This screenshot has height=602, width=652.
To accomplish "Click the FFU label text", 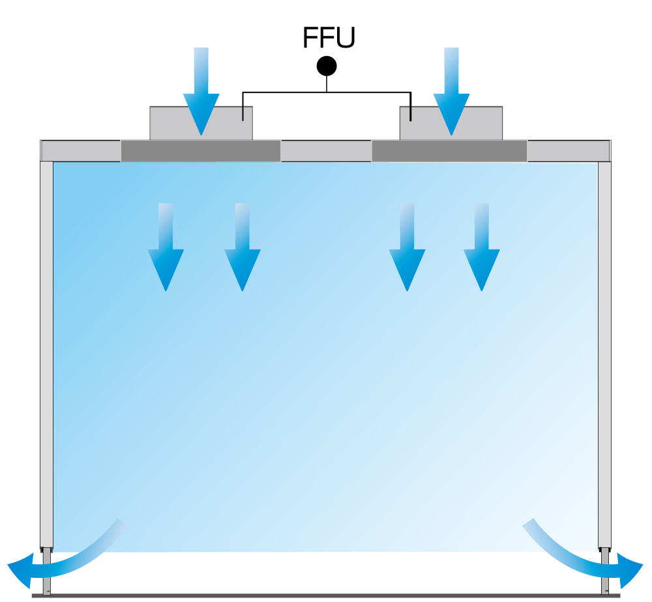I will coord(329,38).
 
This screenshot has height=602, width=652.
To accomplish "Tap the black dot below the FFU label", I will coord(326,66).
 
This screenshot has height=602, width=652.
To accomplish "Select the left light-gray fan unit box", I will coord(163,122).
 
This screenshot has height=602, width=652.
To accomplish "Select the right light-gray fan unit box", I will coord(482,122).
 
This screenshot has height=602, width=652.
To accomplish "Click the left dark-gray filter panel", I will coord(201,150).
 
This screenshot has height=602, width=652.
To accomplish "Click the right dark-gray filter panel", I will coord(449,150).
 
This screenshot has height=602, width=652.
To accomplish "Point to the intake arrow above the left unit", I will coord(201,91).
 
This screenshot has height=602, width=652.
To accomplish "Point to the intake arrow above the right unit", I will coord(451,91).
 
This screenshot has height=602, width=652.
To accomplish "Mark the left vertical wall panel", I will coord(46,352).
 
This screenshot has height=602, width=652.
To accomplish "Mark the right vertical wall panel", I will coord(604,352).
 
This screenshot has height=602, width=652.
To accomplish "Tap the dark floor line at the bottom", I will coord(326,595).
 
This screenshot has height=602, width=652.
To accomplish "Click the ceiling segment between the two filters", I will coord(326,150).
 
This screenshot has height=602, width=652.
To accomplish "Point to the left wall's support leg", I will coord(46,573).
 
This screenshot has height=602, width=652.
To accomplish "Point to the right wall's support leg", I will coord(605,573).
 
